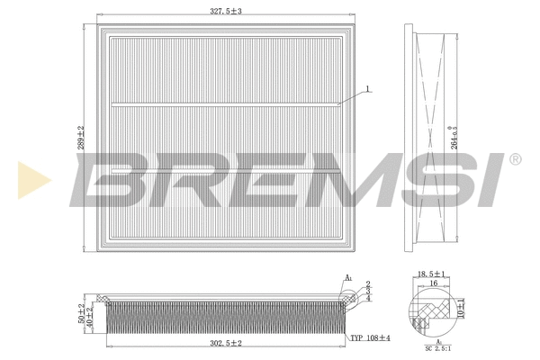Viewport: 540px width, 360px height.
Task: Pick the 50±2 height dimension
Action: tap(82, 313)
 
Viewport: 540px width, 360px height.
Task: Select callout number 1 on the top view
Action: tap(366, 88)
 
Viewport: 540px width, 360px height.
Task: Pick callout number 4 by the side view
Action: tap(367, 297)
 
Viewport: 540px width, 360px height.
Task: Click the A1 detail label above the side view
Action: tap(349, 278)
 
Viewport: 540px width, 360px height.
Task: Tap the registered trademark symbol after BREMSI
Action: tap(515, 159)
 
